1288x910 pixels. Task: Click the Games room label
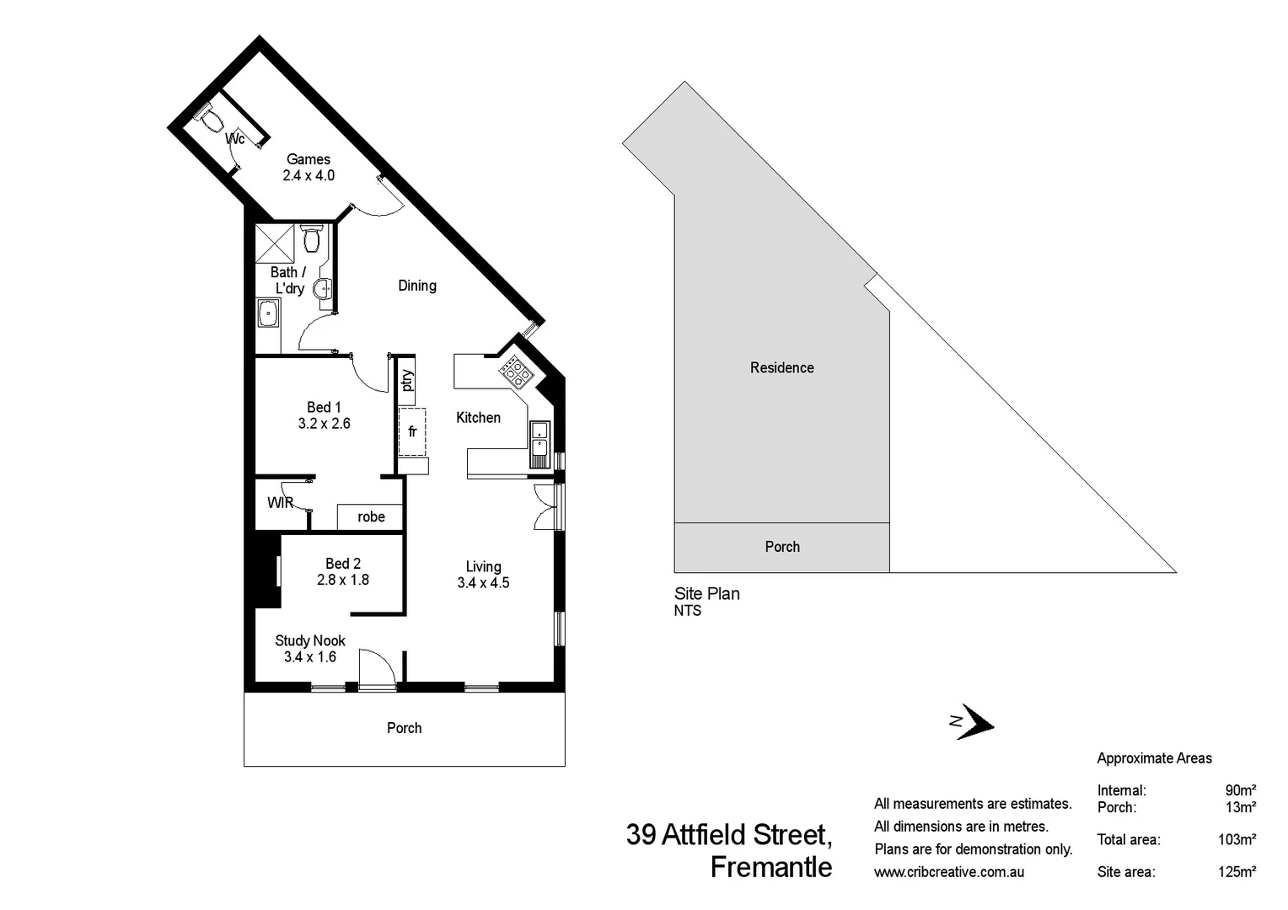(x=309, y=159)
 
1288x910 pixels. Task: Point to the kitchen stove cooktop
(x=514, y=372)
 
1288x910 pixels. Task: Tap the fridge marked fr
(x=412, y=431)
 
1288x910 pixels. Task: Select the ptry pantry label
(x=407, y=380)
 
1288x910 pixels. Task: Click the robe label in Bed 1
(x=371, y=517)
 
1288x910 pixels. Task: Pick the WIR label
(x=280, y=503)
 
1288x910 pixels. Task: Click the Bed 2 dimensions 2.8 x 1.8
(x=343, y=580)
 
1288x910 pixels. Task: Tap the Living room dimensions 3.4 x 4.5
(x=483, y=583)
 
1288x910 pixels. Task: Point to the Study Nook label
(x=310, y=640)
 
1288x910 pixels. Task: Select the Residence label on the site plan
(x=781, y=367)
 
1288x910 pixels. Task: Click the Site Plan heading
(x=706, y=593)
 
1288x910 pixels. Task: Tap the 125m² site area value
(x=1237, y=872)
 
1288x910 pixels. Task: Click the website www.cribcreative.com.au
(x=949, y=872)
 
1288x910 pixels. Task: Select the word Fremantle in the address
(x=770, y=867)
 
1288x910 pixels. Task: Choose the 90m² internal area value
(x=1240, y=790)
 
